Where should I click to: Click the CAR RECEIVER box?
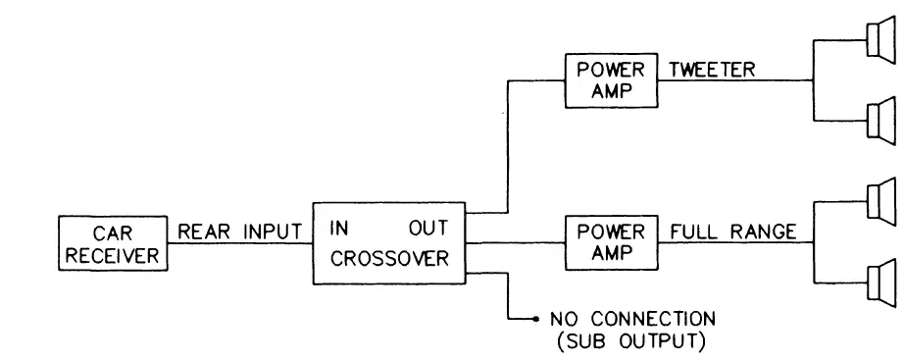pos(112,244)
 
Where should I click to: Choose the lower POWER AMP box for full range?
pos(611,244)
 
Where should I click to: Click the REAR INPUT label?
pos(238,233)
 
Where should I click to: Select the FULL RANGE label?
pos(730,233)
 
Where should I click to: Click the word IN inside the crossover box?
pos(338,228)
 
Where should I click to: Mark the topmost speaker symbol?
pos(879,40)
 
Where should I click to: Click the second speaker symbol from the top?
pos(879,120)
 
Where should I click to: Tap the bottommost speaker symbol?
pos(879,284)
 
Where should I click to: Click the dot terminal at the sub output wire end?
pos(535,320)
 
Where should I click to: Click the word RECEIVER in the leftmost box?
pos(112,257)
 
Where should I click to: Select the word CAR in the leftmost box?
pos(112,234)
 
